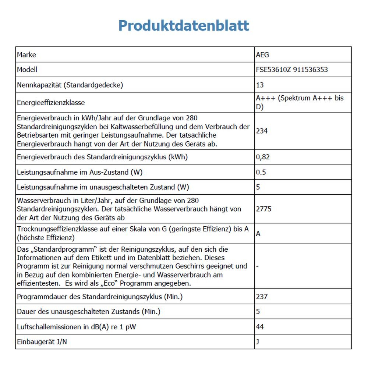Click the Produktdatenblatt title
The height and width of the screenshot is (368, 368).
click(x=184, y=26)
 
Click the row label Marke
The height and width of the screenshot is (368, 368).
click(x=26, y=55)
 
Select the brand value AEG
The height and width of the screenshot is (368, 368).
click(x=262, y=55)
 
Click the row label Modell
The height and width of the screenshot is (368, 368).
click(x=27, y=70)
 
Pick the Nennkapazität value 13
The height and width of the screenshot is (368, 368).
click(x=260, y=85)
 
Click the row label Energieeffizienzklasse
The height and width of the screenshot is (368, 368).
click(x=51, y=103)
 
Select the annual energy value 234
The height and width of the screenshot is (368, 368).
click(x=262, y=131)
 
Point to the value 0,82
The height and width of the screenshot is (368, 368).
click(x=263, y=157)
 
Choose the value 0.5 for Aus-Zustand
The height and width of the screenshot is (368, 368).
click(x=261, y=172)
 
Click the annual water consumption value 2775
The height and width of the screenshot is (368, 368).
click(x=263, y=209)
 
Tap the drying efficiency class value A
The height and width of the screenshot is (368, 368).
click(x=258, y=233)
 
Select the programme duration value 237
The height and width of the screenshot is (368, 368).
click(x=262, y=297)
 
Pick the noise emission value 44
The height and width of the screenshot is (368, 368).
click(x=260, y=326)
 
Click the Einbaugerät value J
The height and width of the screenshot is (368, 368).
click(x=257, y=342)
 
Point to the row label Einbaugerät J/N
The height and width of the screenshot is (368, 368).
click(x=42, y=342)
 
